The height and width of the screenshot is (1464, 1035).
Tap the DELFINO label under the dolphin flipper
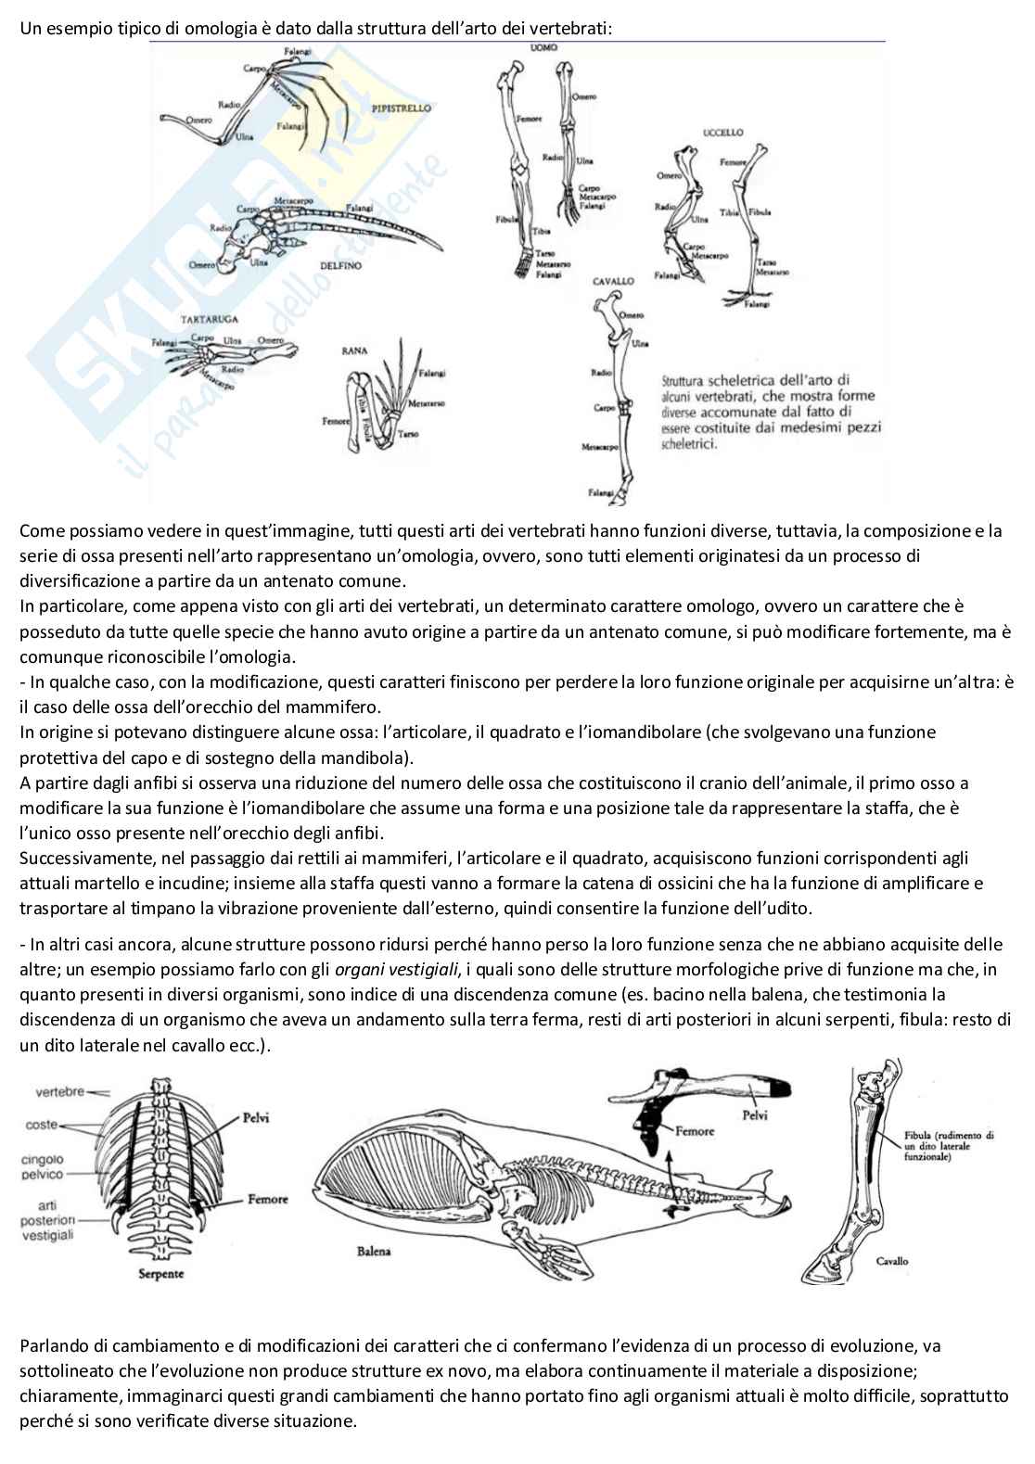coord(340,266)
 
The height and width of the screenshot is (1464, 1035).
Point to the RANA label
coord(354,351)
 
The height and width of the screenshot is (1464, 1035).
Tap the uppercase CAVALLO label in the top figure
coord(613,280)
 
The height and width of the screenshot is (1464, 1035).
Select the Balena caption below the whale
coord(374,1251)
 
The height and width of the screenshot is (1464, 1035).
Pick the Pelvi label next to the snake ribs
coord(255,1117)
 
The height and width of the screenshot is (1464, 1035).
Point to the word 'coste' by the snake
coord(41,1125)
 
